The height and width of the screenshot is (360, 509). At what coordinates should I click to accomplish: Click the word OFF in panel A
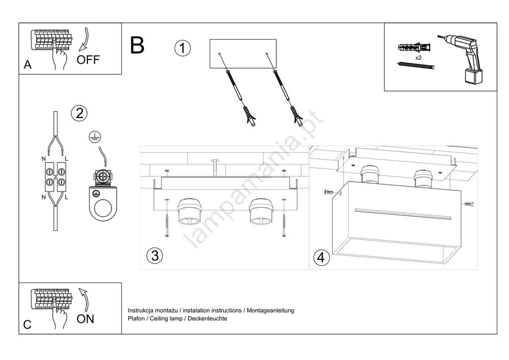88,60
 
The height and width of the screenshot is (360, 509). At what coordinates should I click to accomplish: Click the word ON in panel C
86,319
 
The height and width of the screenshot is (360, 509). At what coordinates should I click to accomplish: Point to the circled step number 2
79,113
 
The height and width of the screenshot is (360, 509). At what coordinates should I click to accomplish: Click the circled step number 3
154,256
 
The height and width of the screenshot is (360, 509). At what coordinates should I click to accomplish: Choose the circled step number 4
320,258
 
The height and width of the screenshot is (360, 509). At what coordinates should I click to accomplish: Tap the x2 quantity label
418,58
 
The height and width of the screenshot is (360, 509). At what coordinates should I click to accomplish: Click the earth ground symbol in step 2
94,135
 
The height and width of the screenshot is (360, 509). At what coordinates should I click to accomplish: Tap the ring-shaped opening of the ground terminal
104,209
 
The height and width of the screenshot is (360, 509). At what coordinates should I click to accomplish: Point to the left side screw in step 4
329,192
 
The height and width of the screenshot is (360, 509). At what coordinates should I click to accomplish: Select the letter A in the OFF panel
27,65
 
